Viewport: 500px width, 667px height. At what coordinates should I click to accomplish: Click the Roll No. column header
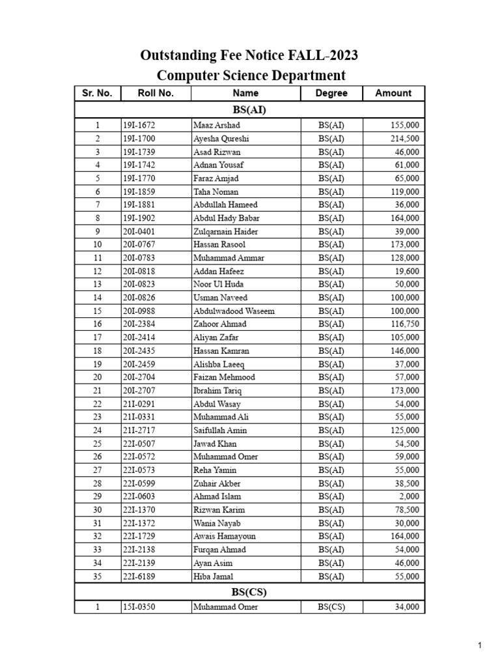156,93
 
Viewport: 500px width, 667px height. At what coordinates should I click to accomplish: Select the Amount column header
393,93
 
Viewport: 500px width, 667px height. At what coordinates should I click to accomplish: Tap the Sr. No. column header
97,93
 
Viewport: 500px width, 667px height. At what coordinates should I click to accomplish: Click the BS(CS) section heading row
249,592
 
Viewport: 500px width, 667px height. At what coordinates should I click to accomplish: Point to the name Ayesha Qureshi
221,139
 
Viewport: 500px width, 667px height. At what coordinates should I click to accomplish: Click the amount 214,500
405,139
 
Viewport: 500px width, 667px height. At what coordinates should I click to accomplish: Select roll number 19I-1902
139,218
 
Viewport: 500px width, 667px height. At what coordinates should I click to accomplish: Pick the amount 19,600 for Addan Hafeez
408,271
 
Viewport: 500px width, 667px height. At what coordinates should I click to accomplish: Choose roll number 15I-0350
139,607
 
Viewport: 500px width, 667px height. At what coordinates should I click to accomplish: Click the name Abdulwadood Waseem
234,311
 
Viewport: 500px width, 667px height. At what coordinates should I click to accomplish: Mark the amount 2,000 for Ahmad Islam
410,496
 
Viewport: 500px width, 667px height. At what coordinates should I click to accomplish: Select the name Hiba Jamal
213,576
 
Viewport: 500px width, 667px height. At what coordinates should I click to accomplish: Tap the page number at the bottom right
480,646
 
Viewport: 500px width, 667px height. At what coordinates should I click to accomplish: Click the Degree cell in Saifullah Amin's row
331,430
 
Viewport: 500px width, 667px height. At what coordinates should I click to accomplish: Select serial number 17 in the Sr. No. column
98,337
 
